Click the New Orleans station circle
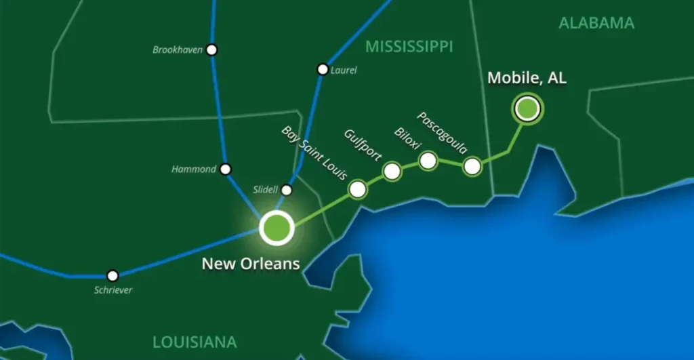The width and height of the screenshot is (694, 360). pos(277,228)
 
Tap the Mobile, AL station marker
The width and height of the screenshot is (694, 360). pos(527,108)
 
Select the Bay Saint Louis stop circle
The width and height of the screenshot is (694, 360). pos(358,188)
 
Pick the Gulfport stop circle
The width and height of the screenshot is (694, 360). pos(392,172)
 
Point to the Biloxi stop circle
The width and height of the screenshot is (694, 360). pos(428,161)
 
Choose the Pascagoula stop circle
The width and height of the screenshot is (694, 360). pos(472,165)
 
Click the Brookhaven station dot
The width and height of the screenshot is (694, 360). pos(212,49)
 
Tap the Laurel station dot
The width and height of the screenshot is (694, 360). pos(323,69)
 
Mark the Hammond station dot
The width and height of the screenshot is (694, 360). pos(226,169)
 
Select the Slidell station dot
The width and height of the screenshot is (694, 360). pos(287,191)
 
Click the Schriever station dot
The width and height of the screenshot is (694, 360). pos(113,275)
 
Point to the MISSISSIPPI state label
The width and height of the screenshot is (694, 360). pos(409,47)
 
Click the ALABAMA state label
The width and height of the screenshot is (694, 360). pos(596,23)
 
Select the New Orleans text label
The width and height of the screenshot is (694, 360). pos(251,263)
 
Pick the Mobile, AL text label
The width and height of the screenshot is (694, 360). pos(527,78)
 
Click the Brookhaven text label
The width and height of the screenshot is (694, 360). pos(178,49)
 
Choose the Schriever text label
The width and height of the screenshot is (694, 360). pos(113,290)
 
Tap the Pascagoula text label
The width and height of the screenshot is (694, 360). pos(441,133)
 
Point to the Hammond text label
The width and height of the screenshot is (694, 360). pos(194,169)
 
